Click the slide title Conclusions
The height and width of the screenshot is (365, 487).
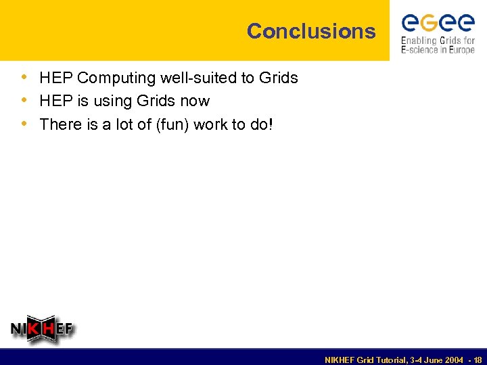click(x=310, y=31)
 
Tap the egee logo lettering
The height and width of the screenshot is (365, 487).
click(x=438, y=23)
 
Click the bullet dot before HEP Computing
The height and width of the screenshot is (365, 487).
click(x=24, y=78)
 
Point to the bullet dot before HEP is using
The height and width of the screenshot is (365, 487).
click(x=24, y=101)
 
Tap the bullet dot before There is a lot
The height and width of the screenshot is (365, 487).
click(x=24, y=124)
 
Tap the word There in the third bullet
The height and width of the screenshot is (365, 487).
click(x=60, y=124)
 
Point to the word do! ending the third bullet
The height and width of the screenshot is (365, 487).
click(x=261, y=124)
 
